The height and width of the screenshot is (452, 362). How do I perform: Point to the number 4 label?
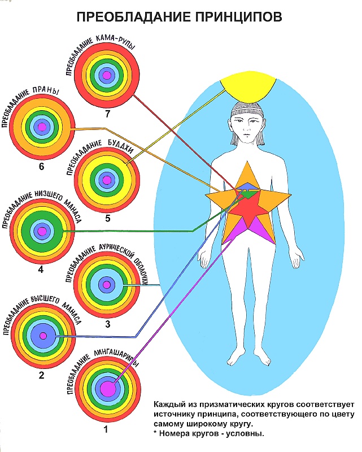(41, 269)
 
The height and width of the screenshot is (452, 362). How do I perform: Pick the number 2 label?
(41, 373)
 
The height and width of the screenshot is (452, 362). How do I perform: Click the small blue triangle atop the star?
(246, 185)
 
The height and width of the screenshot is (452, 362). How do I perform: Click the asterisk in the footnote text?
(156, 433)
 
